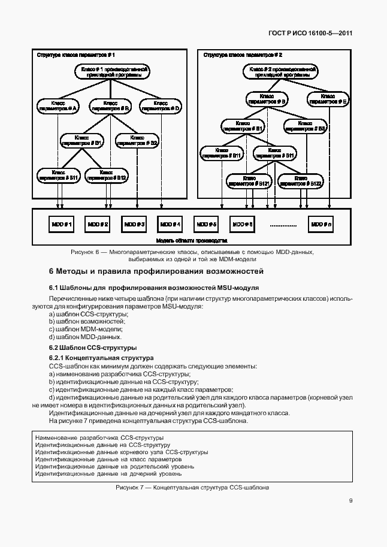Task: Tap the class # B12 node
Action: click(106, 175)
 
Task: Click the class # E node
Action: click(327, 99)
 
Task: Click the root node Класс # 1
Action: click(111, 72)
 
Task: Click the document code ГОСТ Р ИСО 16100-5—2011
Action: click(306, 34)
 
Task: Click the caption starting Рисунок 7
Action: click(193, 488)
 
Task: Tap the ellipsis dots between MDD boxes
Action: click(283, 225)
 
